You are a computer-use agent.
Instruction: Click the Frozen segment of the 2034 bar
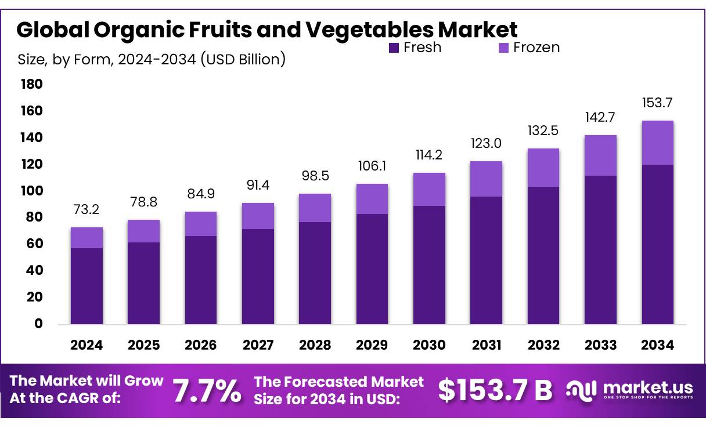click(x=657, y=143)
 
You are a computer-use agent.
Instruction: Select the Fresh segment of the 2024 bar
click(x=87, y=285)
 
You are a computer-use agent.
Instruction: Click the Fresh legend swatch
click(x=394, y=48)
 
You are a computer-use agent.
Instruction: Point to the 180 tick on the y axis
click(x=32, y=85)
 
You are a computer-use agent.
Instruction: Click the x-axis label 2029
click(x=372, y=345)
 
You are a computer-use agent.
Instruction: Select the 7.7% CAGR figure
click(x=207, y=392)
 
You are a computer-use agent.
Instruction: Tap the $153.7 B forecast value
click(x=495, y=390)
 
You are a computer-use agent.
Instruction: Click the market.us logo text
click(x=648, y=387)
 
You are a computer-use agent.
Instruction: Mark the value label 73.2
click(x=87, y=209)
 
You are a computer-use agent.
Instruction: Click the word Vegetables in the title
click(x=366, y=29)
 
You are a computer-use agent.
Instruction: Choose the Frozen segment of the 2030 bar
click(x=429, y=189)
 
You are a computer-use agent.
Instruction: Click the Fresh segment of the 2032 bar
click(x=543, y=255)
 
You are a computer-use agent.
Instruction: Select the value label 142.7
click(x=600, y=117)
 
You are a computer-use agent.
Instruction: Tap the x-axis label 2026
click(x=201, y=345)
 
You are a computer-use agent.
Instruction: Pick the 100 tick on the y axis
click(x=32, y=191)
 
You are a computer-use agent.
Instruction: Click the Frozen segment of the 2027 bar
click(x=258, y=216)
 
